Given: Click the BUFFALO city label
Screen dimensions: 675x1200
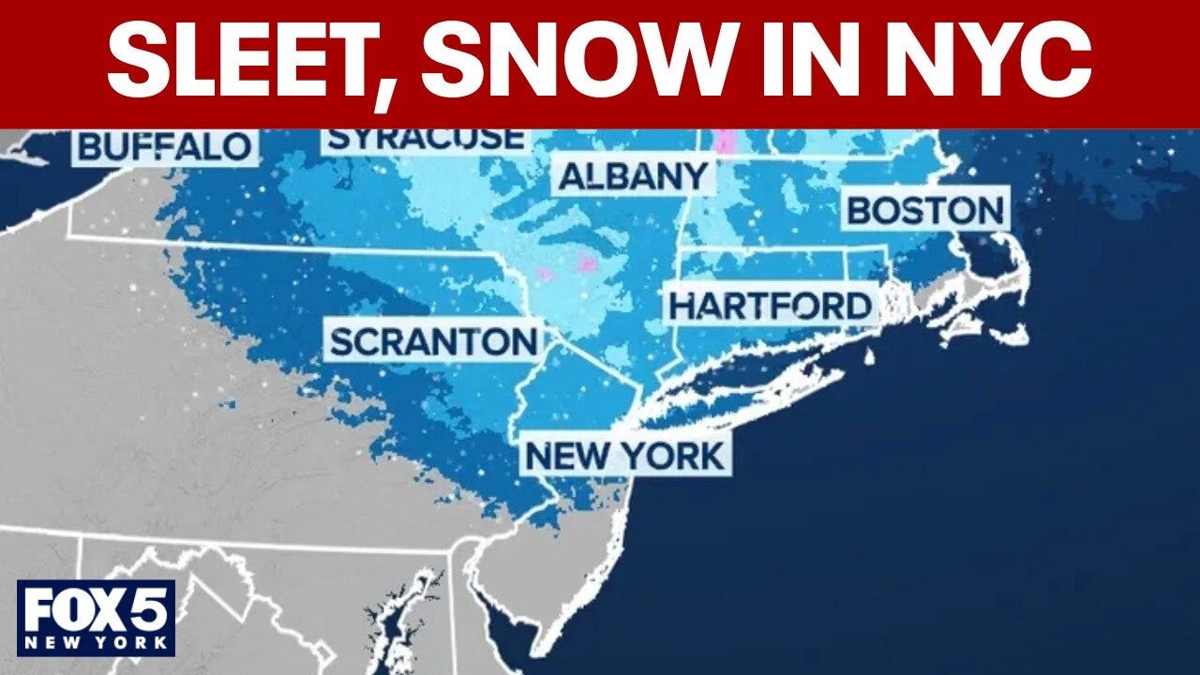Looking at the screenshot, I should tap(166, 147).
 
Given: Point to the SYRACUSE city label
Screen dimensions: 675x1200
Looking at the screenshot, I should tap(426, 139).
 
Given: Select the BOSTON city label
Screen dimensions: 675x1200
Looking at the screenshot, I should tap(926, 210).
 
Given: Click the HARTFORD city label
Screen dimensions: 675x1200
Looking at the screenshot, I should tap(770, 307).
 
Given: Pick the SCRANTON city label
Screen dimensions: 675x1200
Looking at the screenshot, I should tap(434, 342).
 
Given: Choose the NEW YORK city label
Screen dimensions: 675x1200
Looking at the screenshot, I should tap(625, 457).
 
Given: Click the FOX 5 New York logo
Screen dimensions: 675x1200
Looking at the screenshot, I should tap(96, 618).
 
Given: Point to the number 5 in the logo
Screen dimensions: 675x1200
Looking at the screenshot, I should tap(149, 610).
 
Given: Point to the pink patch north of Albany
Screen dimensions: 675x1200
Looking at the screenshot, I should tap(725, 142).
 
